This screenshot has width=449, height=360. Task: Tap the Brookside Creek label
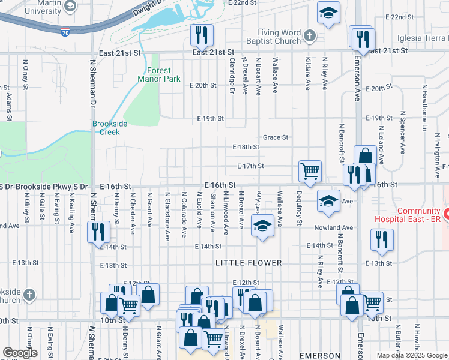[x=110, y=127]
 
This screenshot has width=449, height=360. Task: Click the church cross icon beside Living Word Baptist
[x=310, y=37]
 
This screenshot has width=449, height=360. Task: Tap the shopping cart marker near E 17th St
[x=310, y=171]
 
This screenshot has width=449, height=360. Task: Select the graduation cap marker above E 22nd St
[x=328, y=13]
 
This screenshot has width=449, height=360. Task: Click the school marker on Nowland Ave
[x=262, y=226]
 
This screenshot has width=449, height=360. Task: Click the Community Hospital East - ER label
[x=419, y=215]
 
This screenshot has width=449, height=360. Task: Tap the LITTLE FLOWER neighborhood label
[x=248, y=263]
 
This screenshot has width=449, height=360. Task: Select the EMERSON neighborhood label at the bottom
[x=319, y=356]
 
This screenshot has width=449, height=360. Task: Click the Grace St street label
[x=276, y=137]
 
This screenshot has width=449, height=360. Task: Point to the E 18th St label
[x=246, y=147]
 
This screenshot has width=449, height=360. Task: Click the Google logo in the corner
[x=20, y=353]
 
